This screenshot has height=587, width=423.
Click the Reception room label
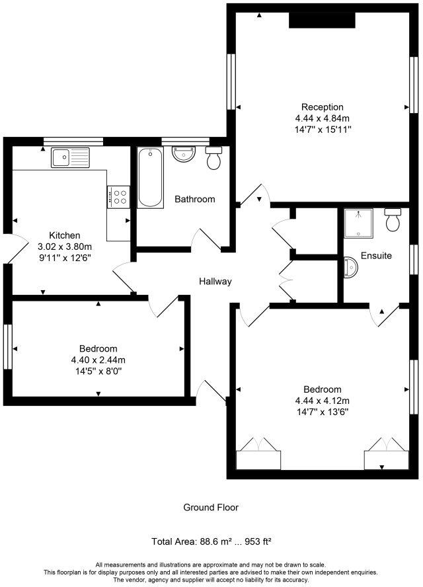click(323, 107)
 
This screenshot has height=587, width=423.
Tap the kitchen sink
click(71, 157)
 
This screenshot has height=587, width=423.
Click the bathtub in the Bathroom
click(150, 176)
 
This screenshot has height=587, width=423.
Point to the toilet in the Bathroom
click(213, 159)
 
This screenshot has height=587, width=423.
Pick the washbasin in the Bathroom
click(184, 154)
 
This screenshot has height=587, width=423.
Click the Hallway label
click(215, 282)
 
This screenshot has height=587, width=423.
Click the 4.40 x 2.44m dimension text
click(98, 360)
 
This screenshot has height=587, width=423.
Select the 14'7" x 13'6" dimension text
click(323, 411)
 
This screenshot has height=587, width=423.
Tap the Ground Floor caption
click(211, 508)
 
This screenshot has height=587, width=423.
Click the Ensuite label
click(377, 256)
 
